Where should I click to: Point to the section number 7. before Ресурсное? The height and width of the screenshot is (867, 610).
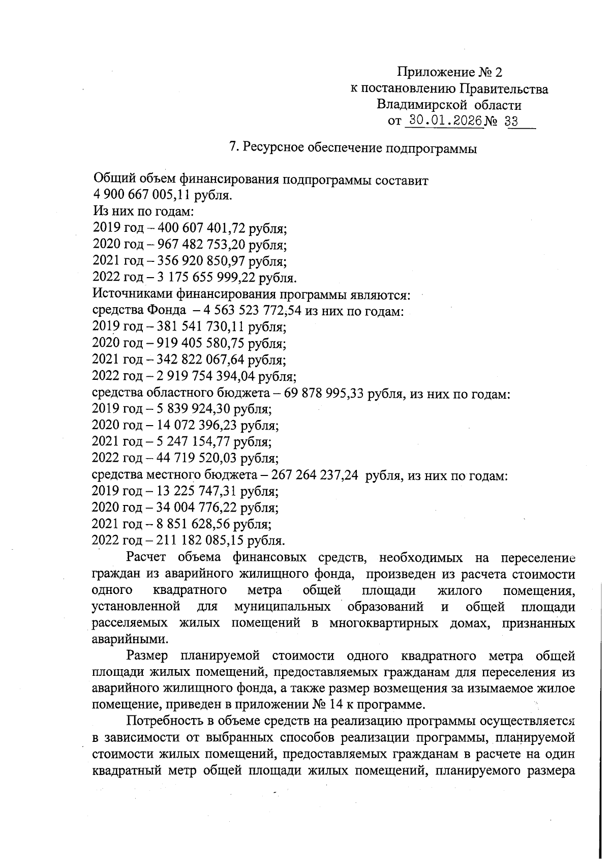[234, 147]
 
